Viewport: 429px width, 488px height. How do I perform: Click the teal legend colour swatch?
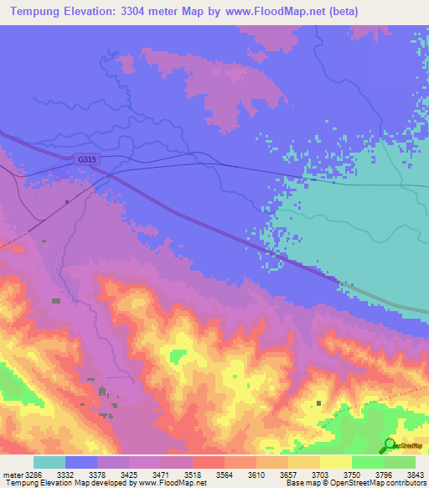49,463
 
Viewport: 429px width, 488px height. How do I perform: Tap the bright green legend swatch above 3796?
368,463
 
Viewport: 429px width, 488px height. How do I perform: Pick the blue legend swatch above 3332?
81,463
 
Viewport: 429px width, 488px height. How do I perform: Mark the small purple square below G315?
67,201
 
